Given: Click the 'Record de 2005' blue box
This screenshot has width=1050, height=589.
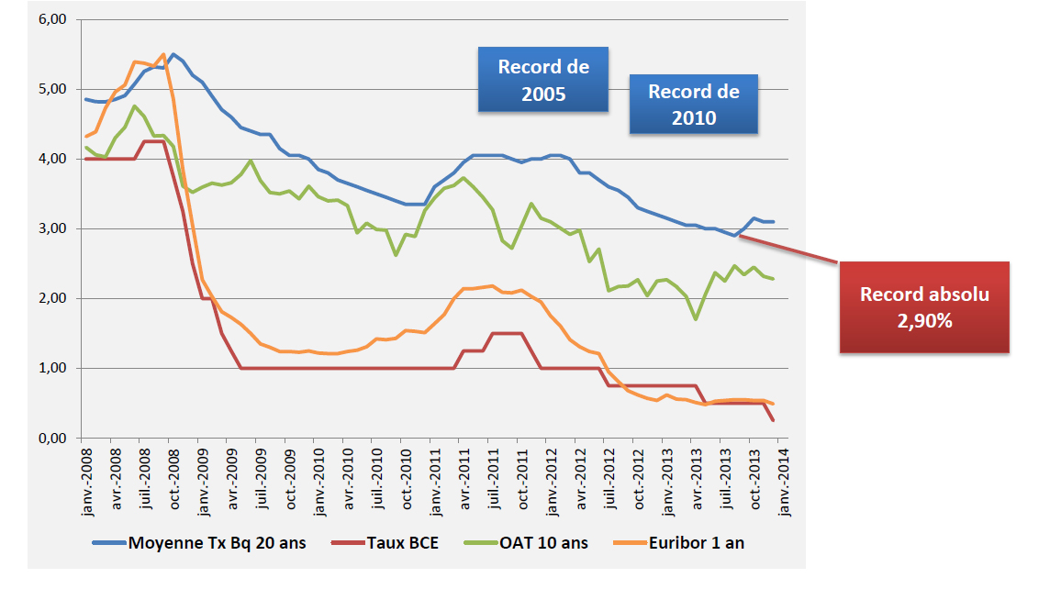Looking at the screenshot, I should (x=542, y=80).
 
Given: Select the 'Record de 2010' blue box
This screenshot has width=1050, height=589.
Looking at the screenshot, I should (x=693, y=105).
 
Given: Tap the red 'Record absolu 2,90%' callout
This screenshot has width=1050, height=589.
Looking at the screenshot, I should (x=924, y=307).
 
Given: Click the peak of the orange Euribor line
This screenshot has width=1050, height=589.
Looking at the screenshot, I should (x=162, y=54).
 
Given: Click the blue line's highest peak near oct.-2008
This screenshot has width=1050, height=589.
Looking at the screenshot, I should (x=173, y=54).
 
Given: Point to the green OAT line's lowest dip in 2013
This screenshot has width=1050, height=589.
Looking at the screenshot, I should (x=697, y=319).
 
